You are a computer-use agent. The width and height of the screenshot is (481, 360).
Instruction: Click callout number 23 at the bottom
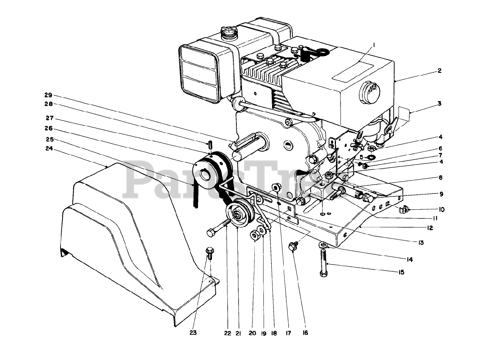(x=194, y=332)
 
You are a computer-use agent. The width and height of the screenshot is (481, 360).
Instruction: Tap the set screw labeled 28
(x=211, y=144)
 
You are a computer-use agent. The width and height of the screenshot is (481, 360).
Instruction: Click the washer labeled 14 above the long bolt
(x=322, y=245)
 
